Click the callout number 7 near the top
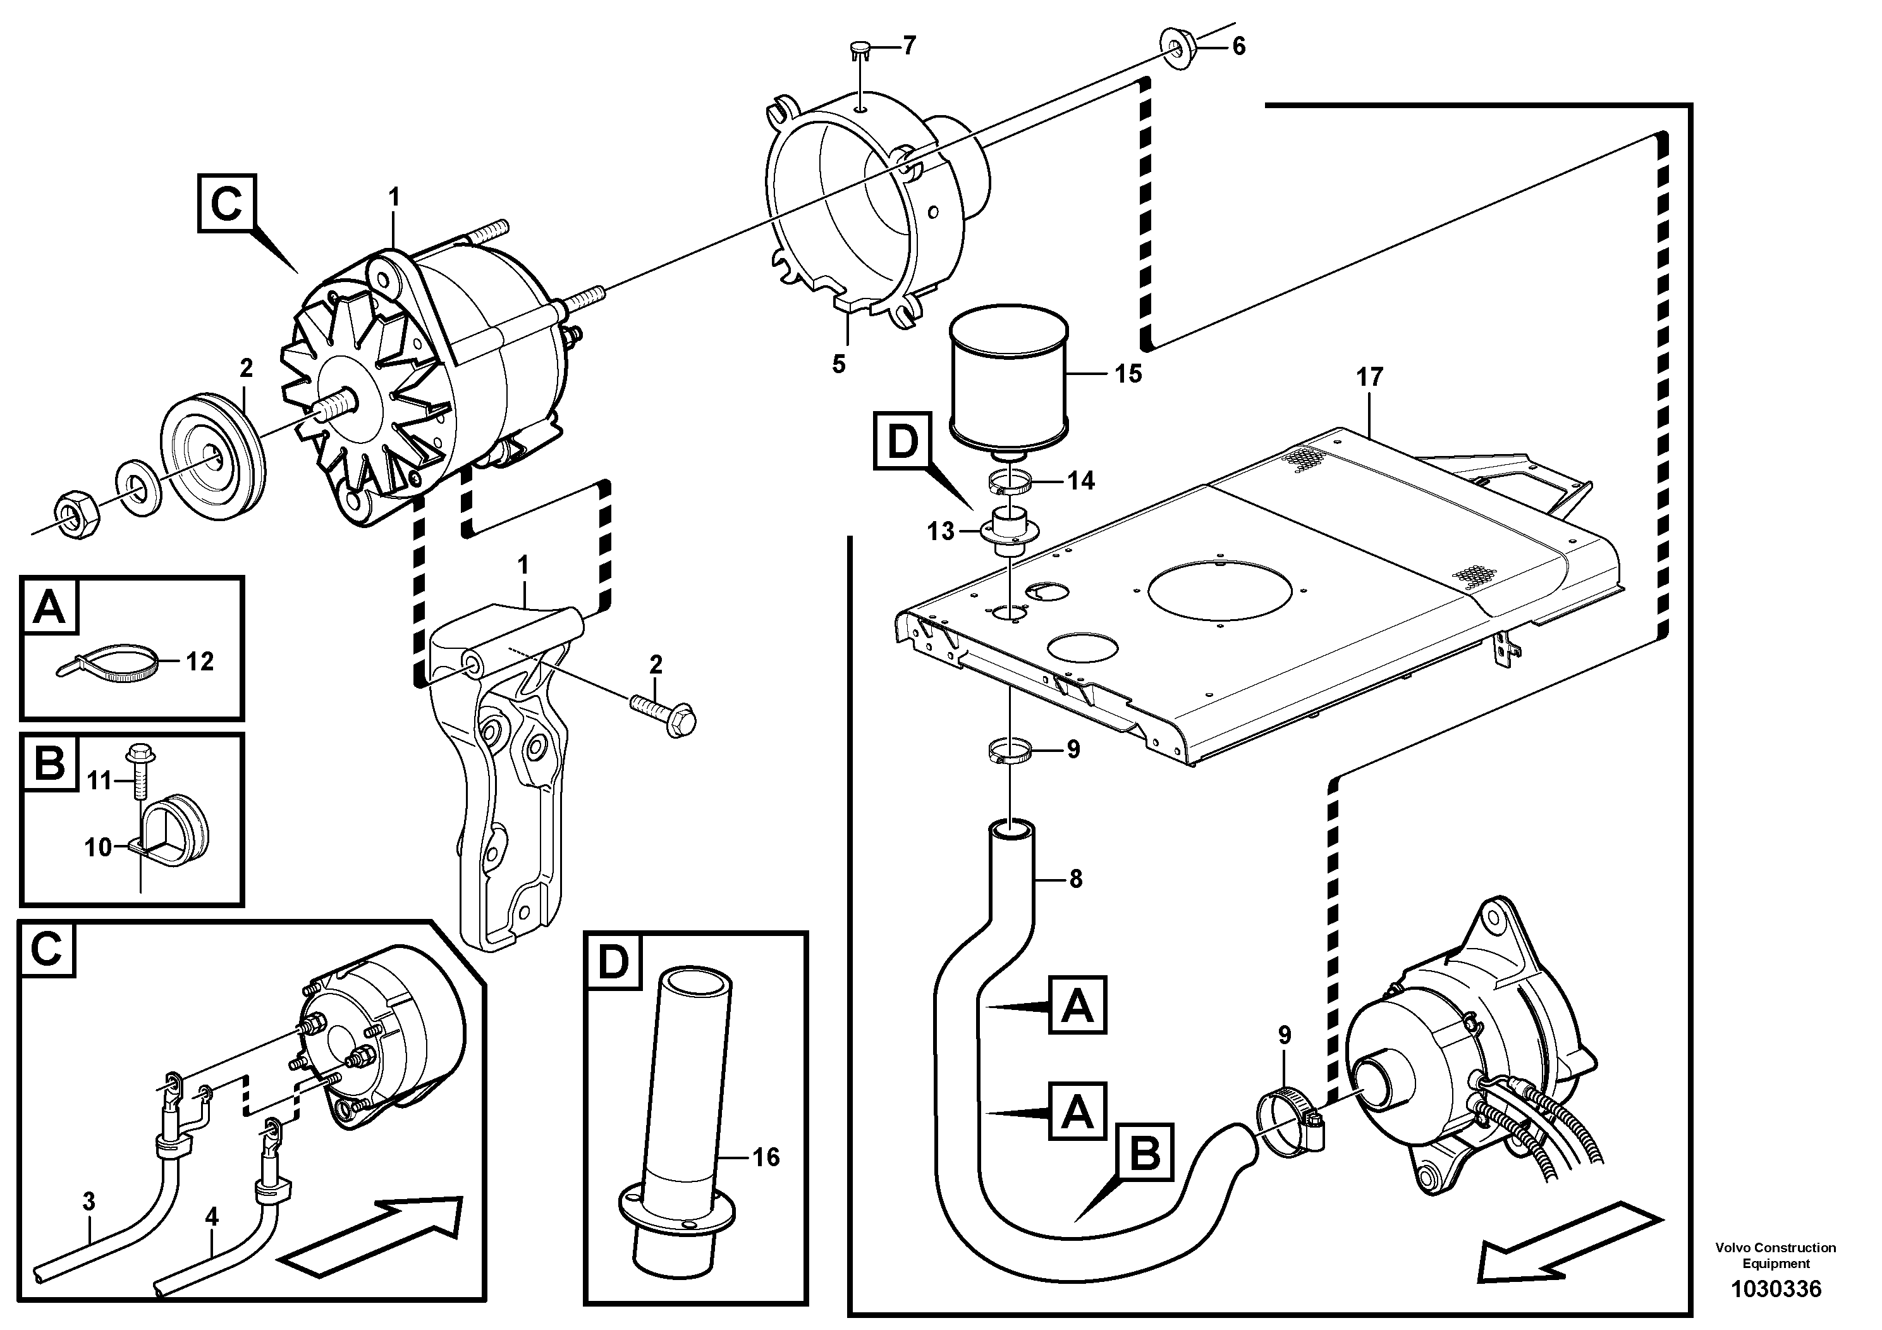click(908, 46)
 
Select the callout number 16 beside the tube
click(766, 1157)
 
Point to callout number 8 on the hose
click(1075, 879)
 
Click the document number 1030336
click(1775, 1289)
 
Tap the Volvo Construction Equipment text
click(1775, 1255)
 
